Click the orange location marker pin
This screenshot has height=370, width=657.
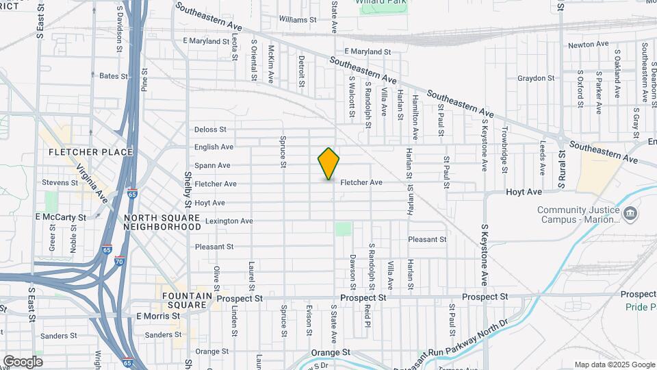[328, 163]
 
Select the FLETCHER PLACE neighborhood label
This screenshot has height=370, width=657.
[81, 152]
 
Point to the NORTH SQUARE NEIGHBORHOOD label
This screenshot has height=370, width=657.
[162, 222]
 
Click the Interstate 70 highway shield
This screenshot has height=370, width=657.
[119, 261]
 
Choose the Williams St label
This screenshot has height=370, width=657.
[298, 20]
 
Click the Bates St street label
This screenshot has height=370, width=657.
[114, 76]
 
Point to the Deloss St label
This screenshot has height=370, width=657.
[210, 129]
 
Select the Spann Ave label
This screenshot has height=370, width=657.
[212, 165]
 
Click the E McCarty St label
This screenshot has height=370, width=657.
[61, 217]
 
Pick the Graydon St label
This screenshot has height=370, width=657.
[535, 78]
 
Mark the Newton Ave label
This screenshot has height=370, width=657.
[589, 45]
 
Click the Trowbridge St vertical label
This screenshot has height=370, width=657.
[505, 147]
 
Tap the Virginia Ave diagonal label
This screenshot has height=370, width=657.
[92, 183]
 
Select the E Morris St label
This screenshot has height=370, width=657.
[158, 316]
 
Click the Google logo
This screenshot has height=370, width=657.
[23, 361]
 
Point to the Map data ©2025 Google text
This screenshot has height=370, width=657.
[614, 365]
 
